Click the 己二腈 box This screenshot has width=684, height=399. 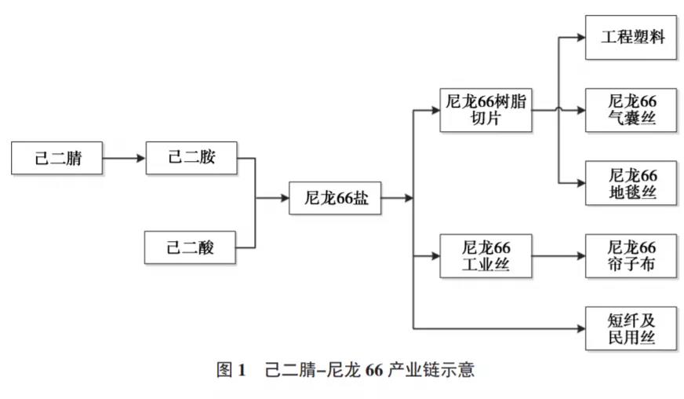[57, 159]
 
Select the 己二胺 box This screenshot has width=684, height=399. [191, 159]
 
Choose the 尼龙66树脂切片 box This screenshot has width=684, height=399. [485, 110]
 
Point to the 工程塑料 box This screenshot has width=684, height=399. [631, 37]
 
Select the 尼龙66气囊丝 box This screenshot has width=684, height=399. [631, 110]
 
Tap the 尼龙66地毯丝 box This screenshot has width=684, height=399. [631, 183]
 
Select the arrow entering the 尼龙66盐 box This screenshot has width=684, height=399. [273, 199]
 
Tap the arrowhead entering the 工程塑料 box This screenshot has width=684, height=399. [580, 37]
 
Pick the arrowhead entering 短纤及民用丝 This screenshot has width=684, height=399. [580, 328]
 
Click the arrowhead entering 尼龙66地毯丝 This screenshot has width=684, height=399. [580, 183]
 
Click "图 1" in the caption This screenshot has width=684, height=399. [231, 369]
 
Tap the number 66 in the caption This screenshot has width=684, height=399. [373, 369]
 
